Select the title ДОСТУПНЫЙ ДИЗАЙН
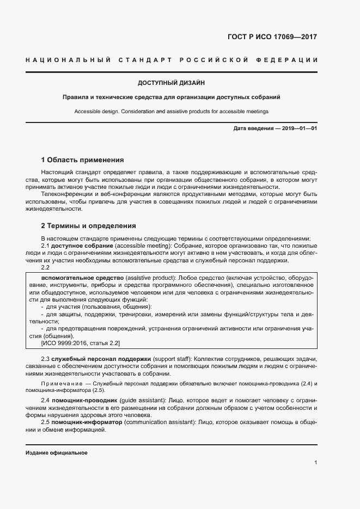(x=171, y=83)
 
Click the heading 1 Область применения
(x=83, y=160)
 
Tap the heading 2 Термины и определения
(x=88, y=225)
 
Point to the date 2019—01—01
(x=298, y=128)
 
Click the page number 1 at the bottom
(x=316, y=462)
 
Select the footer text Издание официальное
(x=57, y=453)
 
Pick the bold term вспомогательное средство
(x=82, y=278)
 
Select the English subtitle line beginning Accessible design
(x=171, y=111)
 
